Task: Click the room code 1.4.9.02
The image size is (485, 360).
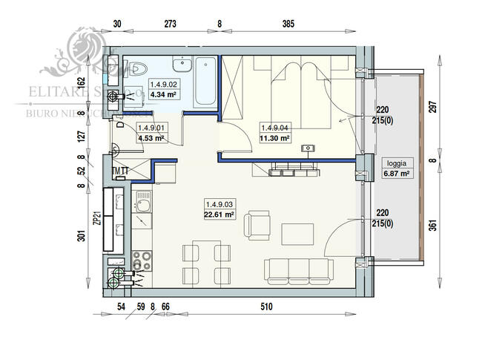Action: (x=164, y=85)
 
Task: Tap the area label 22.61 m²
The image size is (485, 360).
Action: (x=219, y=215)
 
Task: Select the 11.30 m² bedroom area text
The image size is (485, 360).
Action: (x=275, y=137)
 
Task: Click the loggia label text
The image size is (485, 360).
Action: (x=395, y=163)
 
